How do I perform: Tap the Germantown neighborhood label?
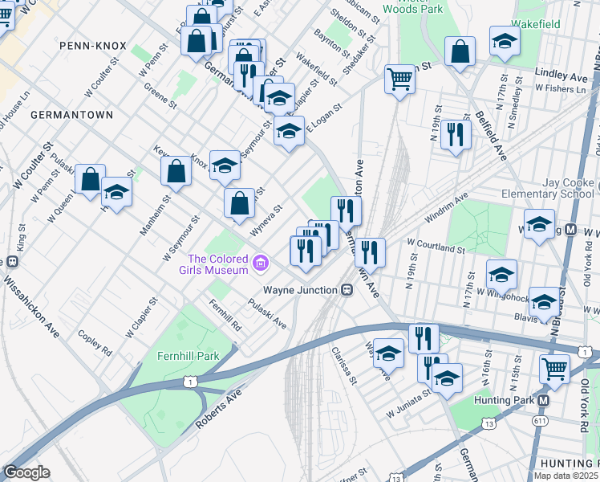pos(71,115)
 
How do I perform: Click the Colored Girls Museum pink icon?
pos(260,263)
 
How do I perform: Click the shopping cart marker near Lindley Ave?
pos(399,79)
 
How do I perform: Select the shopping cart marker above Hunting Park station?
pos(554,369)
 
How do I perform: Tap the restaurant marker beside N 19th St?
pos(455,134)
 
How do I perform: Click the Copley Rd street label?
pos(95,341)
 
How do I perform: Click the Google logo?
pos(26,472)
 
